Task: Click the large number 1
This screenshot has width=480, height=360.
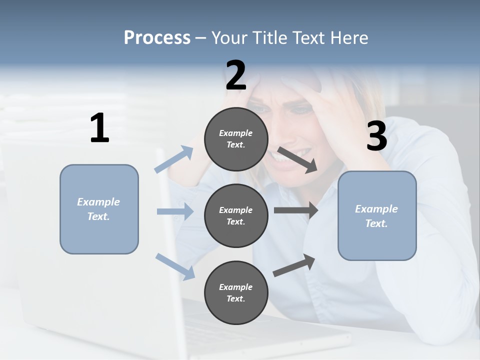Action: point(99,128)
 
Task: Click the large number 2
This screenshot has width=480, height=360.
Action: point(235,75)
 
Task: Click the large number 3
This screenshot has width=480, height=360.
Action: point(376,136)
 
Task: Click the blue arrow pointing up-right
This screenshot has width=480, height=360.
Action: point(174,159)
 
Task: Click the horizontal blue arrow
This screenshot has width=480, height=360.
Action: point(175,212)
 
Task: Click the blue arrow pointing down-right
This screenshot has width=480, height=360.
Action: point(175,266)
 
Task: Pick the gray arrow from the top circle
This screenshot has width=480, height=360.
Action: point(297,160)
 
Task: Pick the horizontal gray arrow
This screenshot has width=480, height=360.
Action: point(296,210)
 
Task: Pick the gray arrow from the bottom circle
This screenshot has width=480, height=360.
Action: point(294,265)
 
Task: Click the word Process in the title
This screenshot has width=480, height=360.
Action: point(157,37)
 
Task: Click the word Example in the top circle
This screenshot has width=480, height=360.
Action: point(235,133)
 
